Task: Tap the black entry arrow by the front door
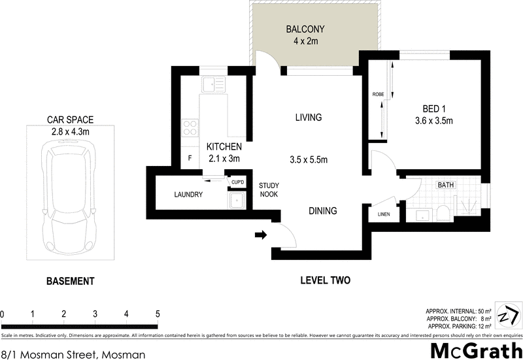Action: [261, 235]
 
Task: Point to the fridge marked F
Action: [190, 158]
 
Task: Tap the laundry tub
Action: [235, 200]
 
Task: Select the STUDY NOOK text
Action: [269, 190]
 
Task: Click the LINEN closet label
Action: [384, 214]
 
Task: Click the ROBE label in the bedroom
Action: [378, 94]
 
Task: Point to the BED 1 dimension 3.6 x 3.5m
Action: [433, 121]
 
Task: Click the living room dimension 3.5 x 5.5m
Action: [308, 159]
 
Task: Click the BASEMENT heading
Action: [70, 282]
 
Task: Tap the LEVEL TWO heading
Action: [325, 280]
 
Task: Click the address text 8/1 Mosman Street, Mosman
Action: [73, 354]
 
